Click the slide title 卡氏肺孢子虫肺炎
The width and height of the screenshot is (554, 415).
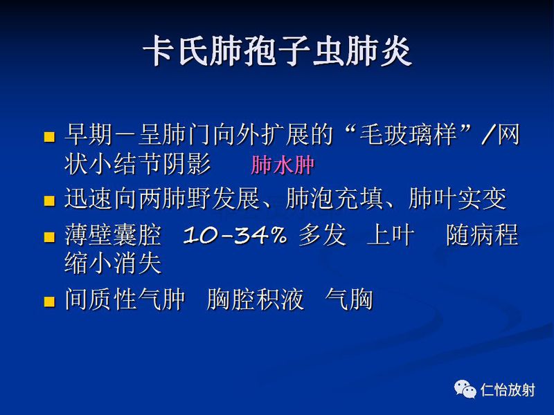(277, 51)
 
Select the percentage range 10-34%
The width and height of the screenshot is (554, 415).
(235, 236)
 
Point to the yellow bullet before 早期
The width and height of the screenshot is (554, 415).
(48, 136)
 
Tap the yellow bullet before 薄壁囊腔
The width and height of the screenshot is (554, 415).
(48, 237)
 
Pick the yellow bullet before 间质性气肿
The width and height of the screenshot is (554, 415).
(48, 302)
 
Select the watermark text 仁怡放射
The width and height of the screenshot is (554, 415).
(508, 390)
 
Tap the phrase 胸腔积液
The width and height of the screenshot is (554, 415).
(255, 301)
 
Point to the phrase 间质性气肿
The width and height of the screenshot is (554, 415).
(125, 301)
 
